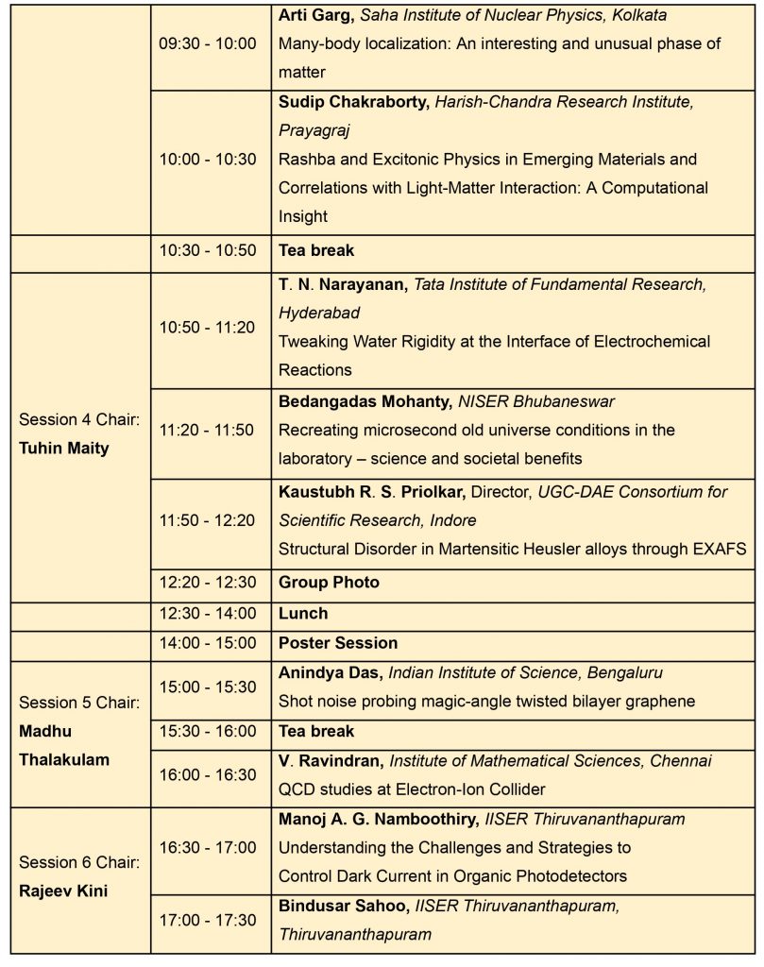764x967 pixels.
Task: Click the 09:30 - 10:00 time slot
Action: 207,43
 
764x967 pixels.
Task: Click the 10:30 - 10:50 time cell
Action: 207,251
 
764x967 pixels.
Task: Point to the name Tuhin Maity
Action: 63,448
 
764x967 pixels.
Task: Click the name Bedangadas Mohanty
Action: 364,401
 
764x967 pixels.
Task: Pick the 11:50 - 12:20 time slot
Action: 207,519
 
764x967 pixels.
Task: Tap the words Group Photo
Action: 329,583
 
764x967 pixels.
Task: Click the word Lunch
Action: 302,613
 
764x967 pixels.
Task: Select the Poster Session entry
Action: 337,643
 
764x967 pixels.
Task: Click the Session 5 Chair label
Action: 79,703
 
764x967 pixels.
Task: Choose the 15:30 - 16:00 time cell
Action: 207,731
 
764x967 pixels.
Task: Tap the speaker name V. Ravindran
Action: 330,761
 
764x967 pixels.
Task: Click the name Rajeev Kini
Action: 62,891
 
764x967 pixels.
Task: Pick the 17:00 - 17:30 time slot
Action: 207,920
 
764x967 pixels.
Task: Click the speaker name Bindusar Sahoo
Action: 342,906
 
